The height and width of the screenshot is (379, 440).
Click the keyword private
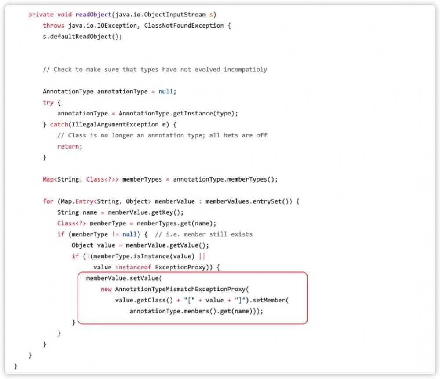(40, 15)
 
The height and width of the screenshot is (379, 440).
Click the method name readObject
(93, 15)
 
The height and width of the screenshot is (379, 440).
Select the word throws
(53, 26)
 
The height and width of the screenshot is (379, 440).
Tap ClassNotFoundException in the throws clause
(184, 26)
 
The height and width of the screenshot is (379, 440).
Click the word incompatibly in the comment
(246, 70)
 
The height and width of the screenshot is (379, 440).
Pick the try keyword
(48, 103)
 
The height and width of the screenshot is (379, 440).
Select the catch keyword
(59, 125)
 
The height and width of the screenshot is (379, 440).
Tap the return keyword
(68, 146)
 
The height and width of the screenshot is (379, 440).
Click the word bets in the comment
(231, 136)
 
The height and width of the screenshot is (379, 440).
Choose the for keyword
(48, 201)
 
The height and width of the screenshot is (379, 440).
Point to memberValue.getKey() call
(145, 212)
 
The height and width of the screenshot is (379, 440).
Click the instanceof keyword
(133, 267)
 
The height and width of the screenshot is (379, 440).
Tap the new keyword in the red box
(106, 289)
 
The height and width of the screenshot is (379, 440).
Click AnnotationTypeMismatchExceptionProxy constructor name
(180, 289)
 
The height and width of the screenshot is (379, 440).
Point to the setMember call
(269, 300)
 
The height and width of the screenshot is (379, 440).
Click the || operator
(202, 256)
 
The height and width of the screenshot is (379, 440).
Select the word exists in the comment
(242, 234)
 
